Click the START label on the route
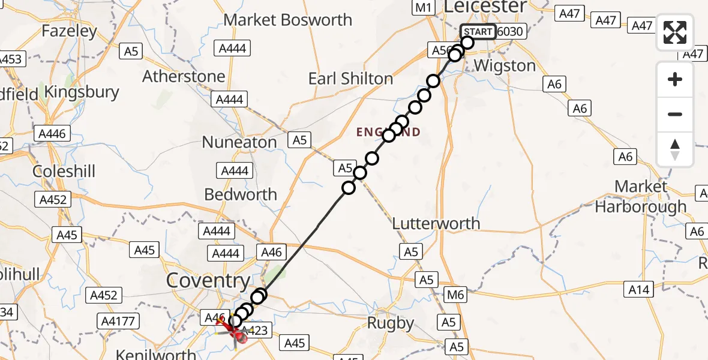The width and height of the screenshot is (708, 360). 478,31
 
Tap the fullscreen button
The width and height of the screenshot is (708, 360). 675,32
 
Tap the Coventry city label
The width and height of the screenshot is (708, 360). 208,280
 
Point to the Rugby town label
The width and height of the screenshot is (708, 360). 391,323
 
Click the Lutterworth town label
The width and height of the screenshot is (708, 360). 436,224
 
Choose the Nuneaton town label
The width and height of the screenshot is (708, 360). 239,142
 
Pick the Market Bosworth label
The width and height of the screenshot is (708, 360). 288,20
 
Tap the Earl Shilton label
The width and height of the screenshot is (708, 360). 350,79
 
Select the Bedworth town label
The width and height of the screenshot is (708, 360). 241,194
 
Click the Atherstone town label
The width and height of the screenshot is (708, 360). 184,77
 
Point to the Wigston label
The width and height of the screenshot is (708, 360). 505,65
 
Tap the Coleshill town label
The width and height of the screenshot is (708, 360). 64,171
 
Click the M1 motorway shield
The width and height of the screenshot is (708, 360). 424,7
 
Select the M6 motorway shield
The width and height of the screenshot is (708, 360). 455,295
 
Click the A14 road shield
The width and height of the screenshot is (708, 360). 638,290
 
